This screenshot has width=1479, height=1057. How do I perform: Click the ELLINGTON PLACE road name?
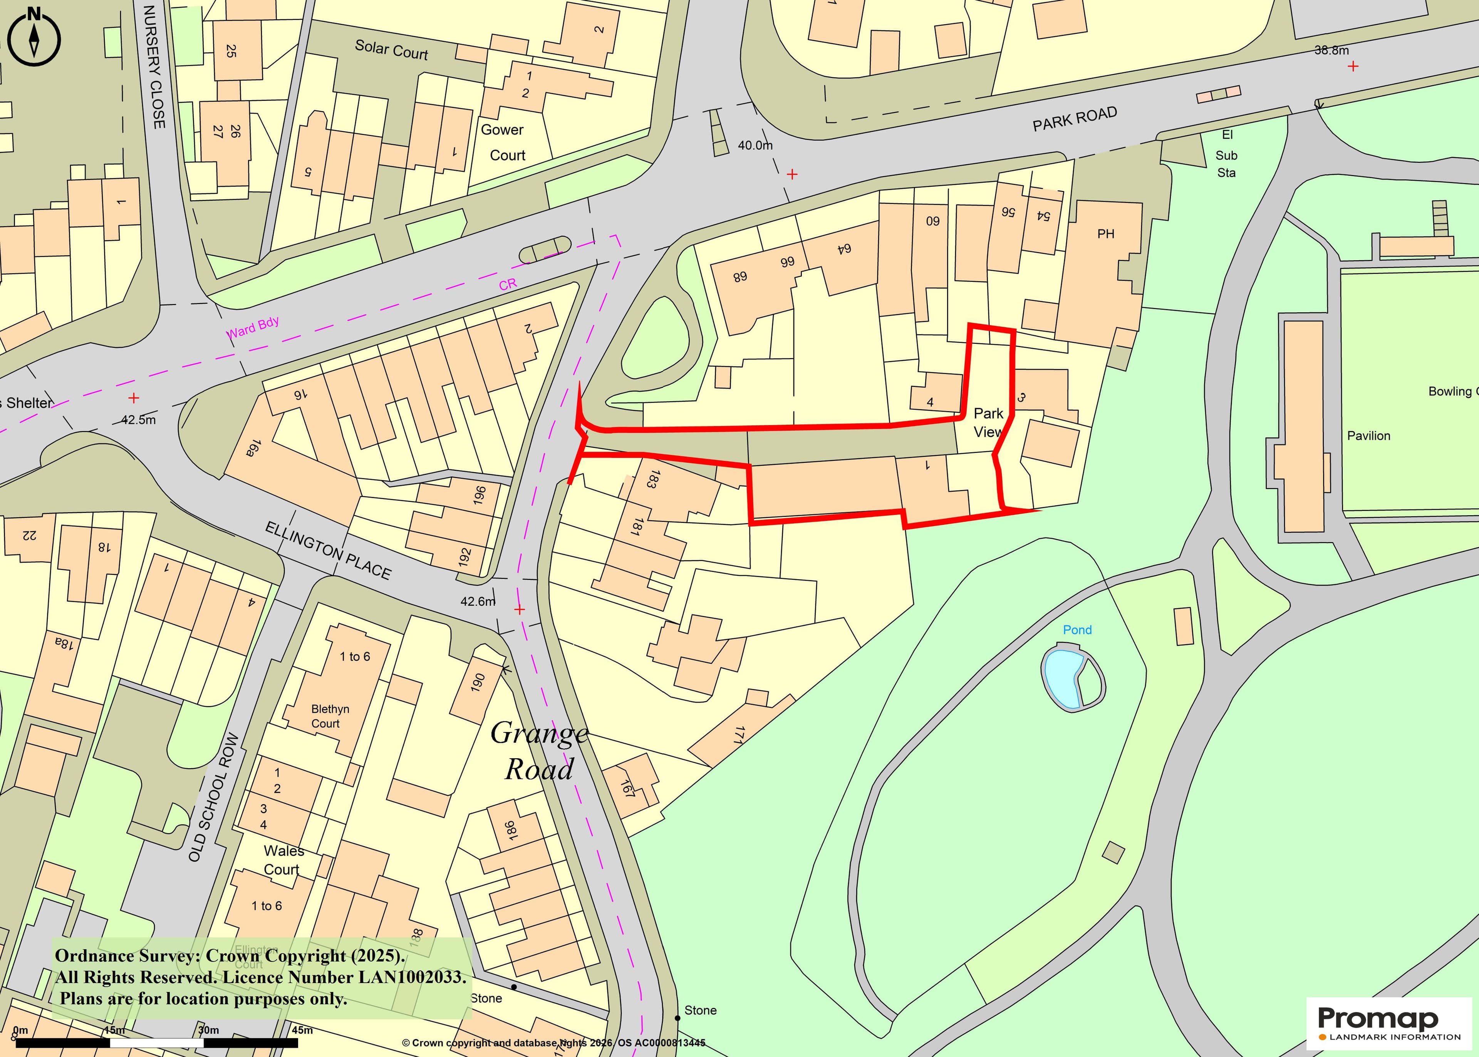[x=327, y=551]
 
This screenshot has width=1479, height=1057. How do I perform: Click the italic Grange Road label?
[x=539, y=751]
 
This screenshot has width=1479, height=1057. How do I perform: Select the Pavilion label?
[x=1368, y=436]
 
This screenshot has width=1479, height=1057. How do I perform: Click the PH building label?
[x=1105, y=234]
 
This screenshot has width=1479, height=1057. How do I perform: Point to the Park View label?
[x=988, y=422]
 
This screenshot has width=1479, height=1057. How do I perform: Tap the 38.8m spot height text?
[x=1331, y=50]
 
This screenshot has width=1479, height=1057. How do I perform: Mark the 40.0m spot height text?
[x=755, y=145]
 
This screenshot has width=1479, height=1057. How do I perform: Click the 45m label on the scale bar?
[x=302, y=1030]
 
